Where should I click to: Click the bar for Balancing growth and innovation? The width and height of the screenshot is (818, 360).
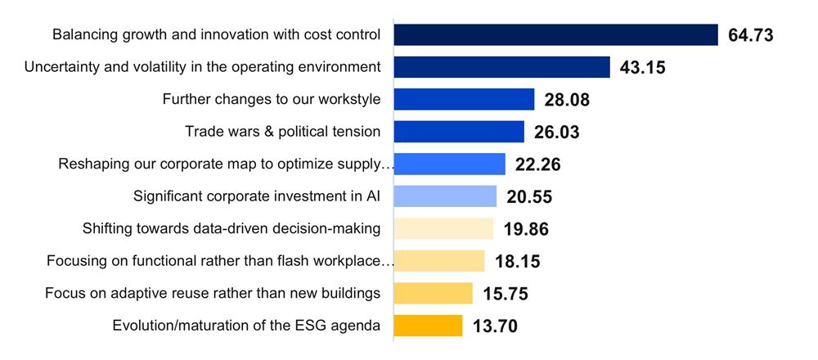[555, 35]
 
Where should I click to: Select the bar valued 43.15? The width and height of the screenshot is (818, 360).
[501, 67]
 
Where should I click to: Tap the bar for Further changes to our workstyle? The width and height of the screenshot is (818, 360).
[464, 100]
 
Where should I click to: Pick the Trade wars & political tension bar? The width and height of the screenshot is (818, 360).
[459, 132]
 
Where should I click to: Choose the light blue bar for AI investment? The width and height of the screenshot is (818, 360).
[445, 196]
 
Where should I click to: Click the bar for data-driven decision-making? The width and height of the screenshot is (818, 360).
[443, 228]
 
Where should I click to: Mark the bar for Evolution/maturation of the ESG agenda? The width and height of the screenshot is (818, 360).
[428, 326]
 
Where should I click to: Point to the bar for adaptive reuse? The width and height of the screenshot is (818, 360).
[433, 293]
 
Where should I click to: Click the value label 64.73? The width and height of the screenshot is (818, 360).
[751, 36]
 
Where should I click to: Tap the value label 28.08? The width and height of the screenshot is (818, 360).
[567, 101]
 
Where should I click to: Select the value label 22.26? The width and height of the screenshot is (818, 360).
[537, 165]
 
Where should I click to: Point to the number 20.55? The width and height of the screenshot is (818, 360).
[529, 197]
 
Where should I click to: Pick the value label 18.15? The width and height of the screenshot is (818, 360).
[517, 262]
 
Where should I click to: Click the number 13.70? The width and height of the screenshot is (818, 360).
[495, 326]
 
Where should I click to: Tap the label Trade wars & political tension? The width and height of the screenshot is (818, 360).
[282, 132]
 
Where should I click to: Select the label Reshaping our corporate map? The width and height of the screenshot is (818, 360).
[226, 164]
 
